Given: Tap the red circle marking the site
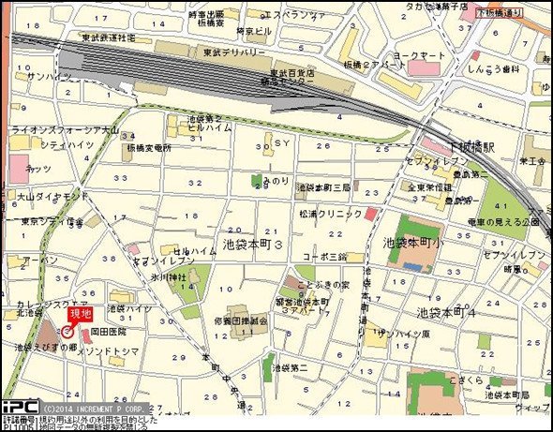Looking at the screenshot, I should (67, 331).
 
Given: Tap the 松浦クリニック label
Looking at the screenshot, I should (330, 214).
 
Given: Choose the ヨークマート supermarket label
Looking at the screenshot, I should (419, 56).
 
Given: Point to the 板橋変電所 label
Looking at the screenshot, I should (150, 147).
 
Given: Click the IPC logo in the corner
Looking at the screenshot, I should (18, 409).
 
